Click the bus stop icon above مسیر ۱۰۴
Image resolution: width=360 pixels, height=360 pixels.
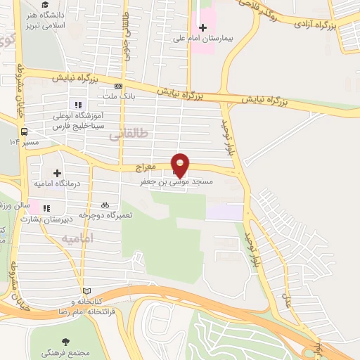pos(25,131)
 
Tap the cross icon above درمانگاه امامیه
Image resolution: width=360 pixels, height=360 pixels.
pos(57,172)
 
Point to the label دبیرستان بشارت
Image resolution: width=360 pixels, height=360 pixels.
pos(44,219)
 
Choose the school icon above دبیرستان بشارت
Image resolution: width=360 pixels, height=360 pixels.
pos(46,208)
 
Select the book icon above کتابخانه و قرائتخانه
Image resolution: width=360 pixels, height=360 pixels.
pos(86,290)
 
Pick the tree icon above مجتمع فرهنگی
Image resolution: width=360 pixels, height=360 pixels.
pos(75,341)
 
